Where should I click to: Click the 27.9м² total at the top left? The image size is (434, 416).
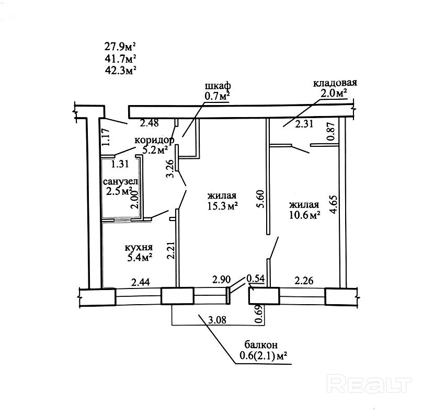[x=120, y=46]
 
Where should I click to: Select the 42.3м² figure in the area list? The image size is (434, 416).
[x=121, y=70]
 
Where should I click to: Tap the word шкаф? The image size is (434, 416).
[x=218, y=86]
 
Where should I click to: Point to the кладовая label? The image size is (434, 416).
[x=335, y=83]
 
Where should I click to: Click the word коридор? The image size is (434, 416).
[x=154, y=140]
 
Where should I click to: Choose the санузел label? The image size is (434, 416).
[x=120, y=181]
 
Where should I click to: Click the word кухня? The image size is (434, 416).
[x=139, y=247]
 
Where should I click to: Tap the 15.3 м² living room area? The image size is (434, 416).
[x=223, y=206]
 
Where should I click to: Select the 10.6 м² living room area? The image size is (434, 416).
[x=305, y=215]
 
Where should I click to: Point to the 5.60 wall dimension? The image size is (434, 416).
[x=261, y=199]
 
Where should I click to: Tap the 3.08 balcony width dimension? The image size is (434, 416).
[x=217, y=320]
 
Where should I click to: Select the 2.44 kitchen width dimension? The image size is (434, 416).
[x=140, y=282]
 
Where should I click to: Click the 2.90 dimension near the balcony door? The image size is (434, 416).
[x=221, y=280]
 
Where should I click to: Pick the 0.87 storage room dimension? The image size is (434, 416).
[x=331, y=131]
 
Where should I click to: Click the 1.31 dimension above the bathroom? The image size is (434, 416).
[x=120, y=164]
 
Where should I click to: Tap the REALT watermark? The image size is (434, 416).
[x=369, y=383]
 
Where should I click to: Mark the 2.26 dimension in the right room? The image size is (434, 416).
[x=304, y=281]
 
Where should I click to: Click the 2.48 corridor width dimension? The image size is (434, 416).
[x=150, y=123]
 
